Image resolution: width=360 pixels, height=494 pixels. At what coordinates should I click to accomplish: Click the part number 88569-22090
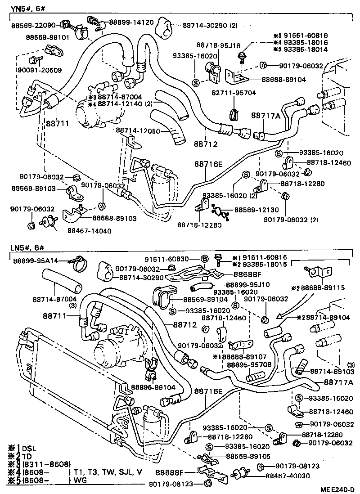point(33,26)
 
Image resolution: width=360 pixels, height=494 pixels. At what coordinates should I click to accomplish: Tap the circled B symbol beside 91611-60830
point(204,259)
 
